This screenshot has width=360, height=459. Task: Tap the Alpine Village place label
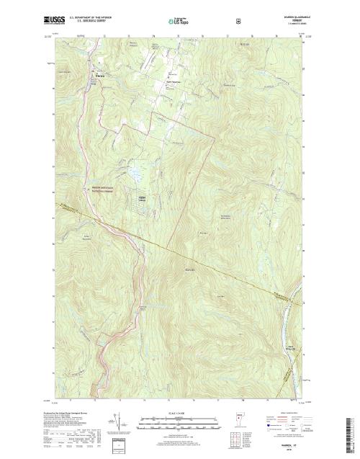click(x=142, y=198)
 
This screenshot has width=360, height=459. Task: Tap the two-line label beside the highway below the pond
click(x=107, y=190)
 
